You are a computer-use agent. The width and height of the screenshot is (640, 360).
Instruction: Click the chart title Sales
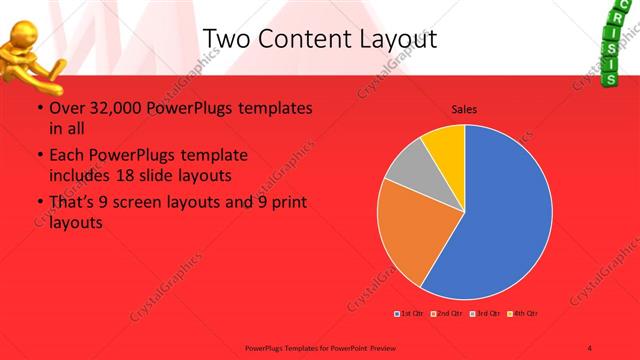click(x=464, y=108)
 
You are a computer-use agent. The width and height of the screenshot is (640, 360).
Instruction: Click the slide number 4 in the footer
click(x=590, y=347)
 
